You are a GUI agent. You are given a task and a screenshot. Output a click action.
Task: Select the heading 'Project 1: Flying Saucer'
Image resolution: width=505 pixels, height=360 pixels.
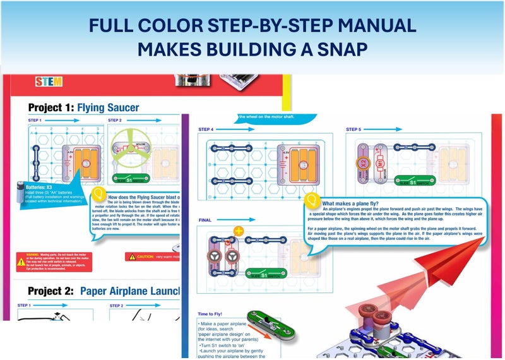coord(83,107)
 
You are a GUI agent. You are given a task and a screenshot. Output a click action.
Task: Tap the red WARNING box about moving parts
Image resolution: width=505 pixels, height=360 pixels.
coord(54,261)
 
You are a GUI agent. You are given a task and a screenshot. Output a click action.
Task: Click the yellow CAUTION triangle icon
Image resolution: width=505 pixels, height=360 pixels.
coord(131,256)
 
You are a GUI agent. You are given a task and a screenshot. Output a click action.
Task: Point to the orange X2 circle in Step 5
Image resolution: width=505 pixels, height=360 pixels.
coord(364,163)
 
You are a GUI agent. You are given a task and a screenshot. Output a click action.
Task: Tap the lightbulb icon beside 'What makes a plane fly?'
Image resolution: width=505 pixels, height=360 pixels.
coord(311,199)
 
